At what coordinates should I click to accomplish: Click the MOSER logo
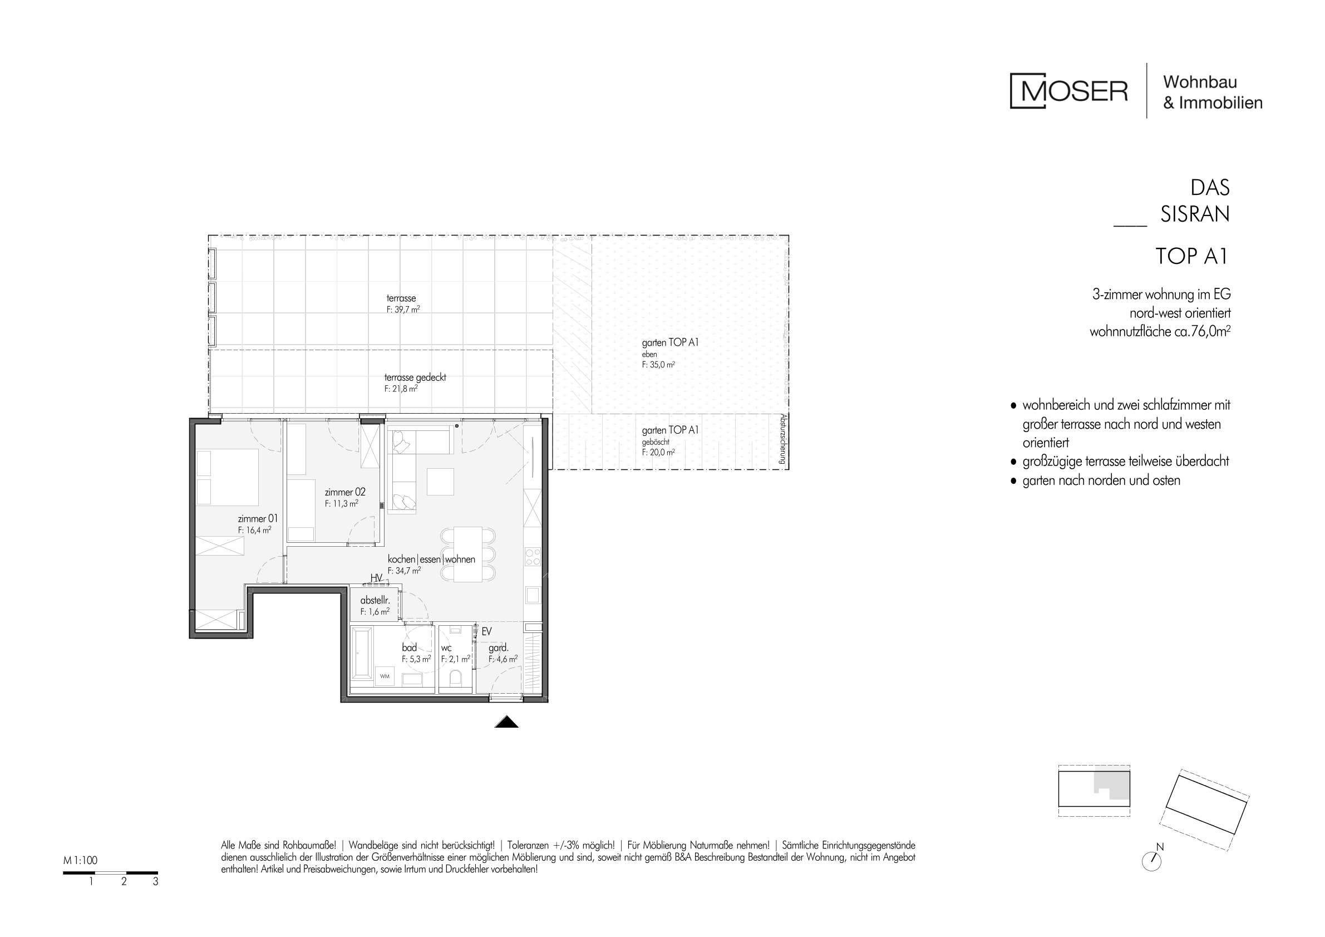(1069, 91)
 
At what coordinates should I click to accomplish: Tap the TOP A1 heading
(1192, 256)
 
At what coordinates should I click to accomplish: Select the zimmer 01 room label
(258, 519)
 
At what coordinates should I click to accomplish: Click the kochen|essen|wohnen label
(432, 560)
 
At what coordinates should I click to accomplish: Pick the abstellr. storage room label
(375, 601)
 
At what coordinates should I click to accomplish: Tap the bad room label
(409, 647)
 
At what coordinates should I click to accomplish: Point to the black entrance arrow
(507, 722)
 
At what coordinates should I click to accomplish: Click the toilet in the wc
(456, 678)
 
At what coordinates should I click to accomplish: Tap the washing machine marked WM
(385, 676)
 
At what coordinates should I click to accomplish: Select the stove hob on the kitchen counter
(533, 557)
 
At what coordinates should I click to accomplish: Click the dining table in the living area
(467, 554)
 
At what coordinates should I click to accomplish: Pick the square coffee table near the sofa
(440, 482)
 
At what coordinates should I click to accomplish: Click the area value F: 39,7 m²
(403, 310)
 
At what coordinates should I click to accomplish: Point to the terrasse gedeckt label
(416, 377)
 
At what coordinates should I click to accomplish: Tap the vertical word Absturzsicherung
(782, 439)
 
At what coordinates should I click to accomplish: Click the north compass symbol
(1152, 861)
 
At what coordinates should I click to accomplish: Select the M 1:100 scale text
(80, 860)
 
